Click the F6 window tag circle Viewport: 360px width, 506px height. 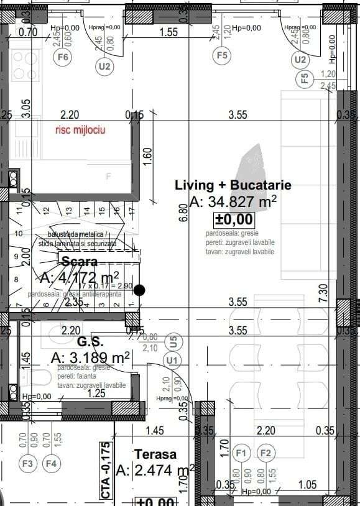point(63,57)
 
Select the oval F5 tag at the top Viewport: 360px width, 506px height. point(221,55)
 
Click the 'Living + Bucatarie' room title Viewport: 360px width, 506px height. point(233,185)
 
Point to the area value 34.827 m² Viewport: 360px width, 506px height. point(233,201)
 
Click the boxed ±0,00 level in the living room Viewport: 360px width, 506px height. point(234,219)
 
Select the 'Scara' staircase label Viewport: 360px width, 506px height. point(79,262)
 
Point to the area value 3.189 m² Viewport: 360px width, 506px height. point(90,357)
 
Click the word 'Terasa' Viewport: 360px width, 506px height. point(155,454)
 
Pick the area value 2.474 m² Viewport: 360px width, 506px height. point(155,470)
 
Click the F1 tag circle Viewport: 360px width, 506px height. point(242,453)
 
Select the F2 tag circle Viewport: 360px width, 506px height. point(265,453)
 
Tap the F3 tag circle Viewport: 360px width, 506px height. point(27,463)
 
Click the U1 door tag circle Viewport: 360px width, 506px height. point(172,360)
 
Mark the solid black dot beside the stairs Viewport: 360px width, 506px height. point(139,290)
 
